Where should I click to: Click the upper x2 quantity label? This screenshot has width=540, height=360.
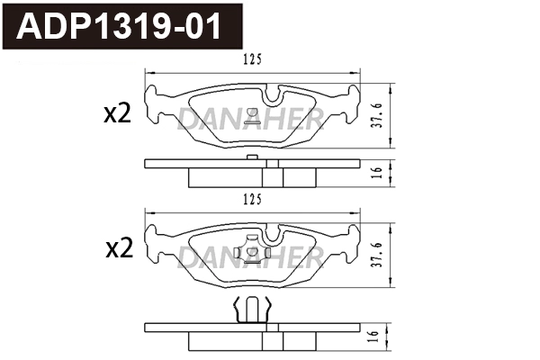coord(118,113)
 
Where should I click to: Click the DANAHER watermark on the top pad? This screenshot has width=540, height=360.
coord(251,118)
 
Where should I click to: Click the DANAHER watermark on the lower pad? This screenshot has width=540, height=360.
coord(251,258)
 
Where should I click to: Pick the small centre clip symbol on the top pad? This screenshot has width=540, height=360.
coord(253,113)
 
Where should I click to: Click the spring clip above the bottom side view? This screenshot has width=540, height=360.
coord(253,310)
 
